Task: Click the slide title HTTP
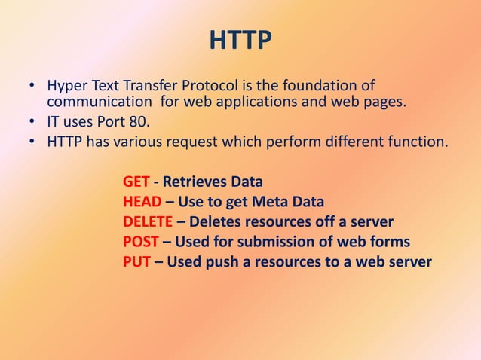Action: coord(240,40)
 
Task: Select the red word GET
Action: coord(136,182)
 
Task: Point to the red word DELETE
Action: coord(148,222)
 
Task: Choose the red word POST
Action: coord(140,242)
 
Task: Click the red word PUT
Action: coord(136,262)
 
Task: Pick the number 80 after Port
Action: coord(139,121)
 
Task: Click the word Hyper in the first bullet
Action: coord(66,85)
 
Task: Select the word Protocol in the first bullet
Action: coord(213,85)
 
